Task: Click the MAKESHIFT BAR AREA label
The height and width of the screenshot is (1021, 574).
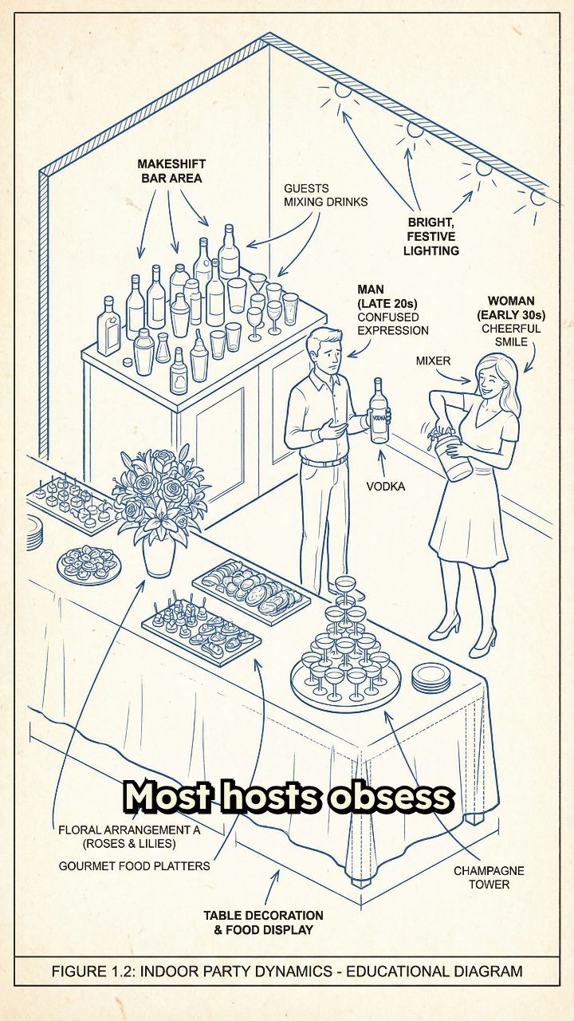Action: pyautogui.click(x=171, y=171)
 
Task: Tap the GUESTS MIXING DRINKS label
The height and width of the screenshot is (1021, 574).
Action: pyautogui.click(x=325, y=195)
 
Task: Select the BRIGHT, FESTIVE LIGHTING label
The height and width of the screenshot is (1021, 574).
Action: pyautogui.click(x=431, y=237)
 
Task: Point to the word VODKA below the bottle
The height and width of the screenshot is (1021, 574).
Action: pyautogui.click(x=385, y=487)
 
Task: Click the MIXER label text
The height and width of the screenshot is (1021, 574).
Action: pyautogui.click(x=433, y=361)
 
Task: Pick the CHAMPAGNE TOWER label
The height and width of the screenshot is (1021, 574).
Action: pyautogui.click(x=489, y=877)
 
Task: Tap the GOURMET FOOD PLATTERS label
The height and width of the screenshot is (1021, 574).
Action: pyautogui.click(x=135, y=866)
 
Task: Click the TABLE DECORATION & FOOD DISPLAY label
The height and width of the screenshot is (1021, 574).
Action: pyautogui.click(x=263, y=923)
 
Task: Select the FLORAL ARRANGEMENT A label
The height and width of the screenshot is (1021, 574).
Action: pyautogui.click(x=129, y=830)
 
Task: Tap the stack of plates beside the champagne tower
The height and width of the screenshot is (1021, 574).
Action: pyautogui.click(x=431, y=678)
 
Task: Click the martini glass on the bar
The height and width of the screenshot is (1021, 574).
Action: pyautogui.click(x=258, y=285)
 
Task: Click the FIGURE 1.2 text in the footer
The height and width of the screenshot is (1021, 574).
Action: pyautogui.click(x=92, y=972)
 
